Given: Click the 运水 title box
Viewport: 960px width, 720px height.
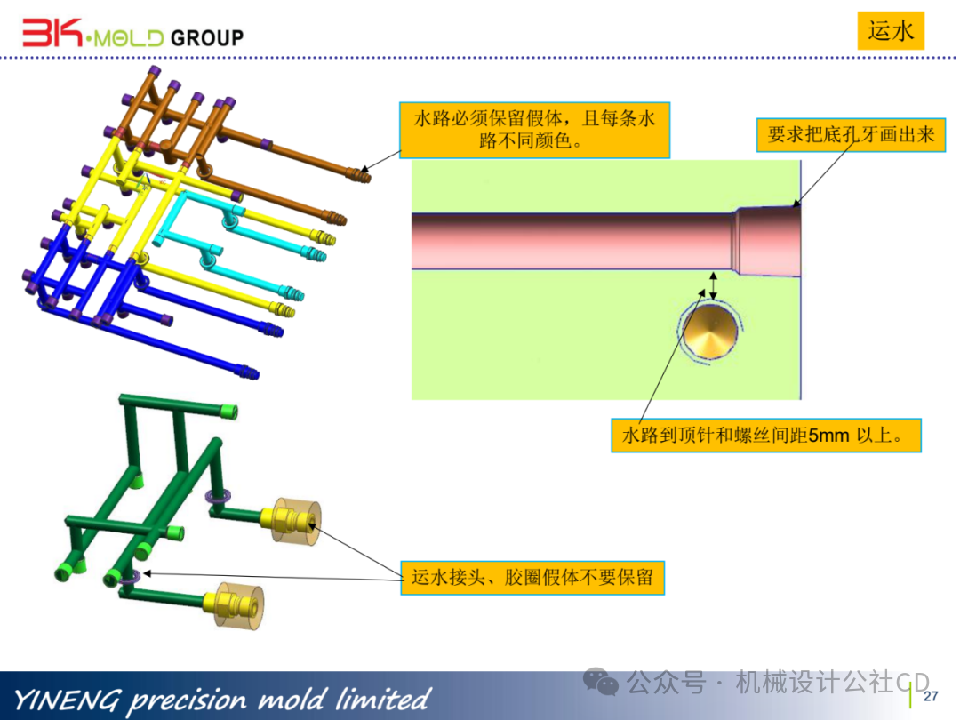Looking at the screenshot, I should point(891,31).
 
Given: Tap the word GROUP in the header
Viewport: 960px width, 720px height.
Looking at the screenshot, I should point(206,37).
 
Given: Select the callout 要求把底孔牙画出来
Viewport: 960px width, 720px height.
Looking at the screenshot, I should point(851,135).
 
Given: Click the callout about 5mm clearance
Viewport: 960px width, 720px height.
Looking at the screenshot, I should point(765,436).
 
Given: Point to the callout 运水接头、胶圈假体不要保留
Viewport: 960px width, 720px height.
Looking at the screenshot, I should point(532,578).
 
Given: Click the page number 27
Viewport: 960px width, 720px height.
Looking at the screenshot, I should point(931,695).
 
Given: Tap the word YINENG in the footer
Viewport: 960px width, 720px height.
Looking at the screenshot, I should point(67,699).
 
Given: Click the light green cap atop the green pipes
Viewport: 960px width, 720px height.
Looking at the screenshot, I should point(229,411).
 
